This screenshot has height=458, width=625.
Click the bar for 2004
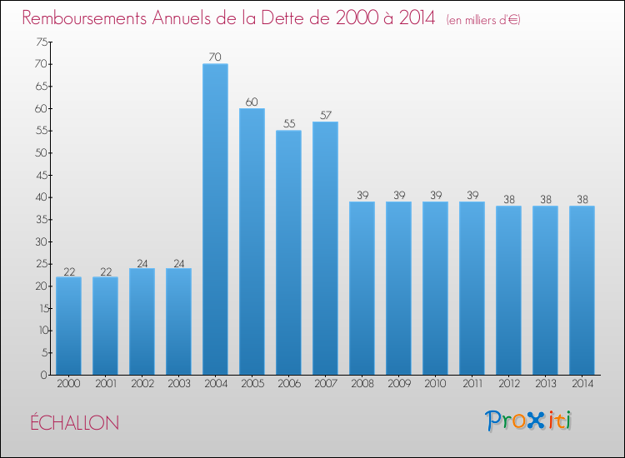coord(215,219)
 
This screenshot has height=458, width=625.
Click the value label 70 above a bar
coord(215,57)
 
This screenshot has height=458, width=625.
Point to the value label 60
coord(252,102)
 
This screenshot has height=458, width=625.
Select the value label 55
coord(288,124)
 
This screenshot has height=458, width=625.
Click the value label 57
coord(325,115)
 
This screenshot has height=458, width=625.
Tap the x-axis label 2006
coord(288,385)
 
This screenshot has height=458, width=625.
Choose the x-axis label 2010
coord(435,385)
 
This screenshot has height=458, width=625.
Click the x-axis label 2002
coord(142,385)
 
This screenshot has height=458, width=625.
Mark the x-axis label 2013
coord(545,385)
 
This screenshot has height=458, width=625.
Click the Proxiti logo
coord(528,421)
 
